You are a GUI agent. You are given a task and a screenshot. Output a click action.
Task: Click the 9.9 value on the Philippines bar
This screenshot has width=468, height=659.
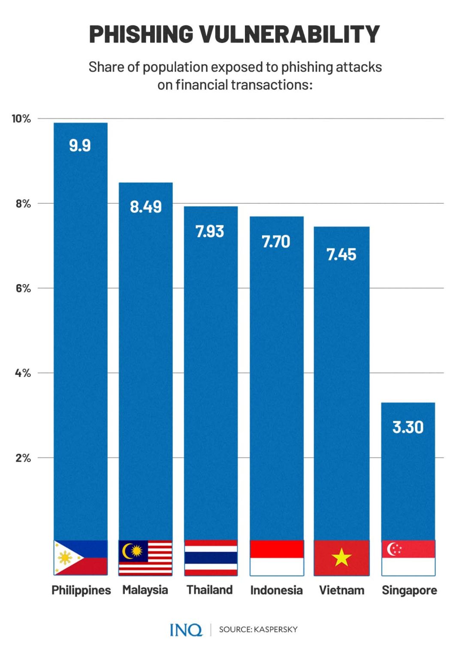80,145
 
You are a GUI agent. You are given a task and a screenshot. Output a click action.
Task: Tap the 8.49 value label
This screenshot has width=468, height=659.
146,207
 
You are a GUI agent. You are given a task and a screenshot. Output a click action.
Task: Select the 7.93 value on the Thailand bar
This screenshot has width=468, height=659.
210,232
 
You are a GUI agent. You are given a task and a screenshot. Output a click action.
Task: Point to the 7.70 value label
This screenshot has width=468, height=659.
276,242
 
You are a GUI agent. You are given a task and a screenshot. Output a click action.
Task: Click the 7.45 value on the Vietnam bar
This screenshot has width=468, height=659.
341,255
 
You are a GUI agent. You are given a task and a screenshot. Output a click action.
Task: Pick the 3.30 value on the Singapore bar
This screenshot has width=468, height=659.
408,427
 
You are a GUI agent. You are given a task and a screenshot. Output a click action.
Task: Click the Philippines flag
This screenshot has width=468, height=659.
81,557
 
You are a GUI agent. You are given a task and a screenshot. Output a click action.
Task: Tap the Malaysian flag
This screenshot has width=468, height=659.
145,557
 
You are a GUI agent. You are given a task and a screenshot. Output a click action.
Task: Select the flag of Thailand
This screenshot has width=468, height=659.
211,557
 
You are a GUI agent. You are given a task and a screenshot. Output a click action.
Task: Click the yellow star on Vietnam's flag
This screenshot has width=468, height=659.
341,558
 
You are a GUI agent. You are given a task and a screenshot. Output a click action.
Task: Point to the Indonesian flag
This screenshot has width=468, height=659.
277,557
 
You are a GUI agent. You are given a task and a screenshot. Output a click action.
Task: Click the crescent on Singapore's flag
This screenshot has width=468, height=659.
391,549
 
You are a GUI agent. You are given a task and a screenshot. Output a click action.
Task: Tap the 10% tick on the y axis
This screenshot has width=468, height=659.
21,119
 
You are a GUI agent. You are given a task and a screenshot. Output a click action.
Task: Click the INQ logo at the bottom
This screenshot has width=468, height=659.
186,630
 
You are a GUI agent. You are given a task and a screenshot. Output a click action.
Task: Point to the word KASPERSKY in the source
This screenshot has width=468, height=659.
276,629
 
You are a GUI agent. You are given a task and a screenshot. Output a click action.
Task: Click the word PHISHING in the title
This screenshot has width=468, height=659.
141,34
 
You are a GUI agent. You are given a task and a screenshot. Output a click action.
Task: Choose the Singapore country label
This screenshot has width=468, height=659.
409,590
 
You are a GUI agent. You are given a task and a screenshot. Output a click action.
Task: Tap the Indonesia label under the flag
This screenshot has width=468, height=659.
276,590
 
